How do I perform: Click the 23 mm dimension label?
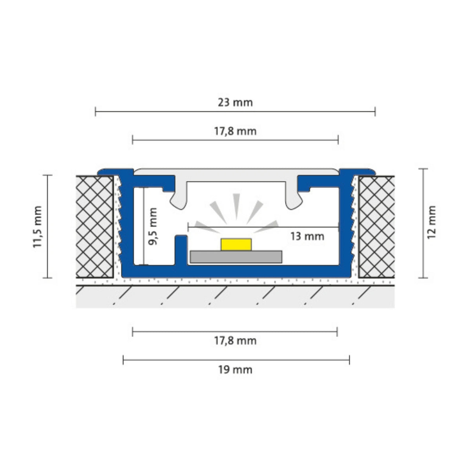235,103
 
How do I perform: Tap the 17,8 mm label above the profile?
235,131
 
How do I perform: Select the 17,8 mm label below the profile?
235,341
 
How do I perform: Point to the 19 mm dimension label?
235,370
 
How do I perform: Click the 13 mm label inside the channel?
307,236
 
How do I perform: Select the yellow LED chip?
236,244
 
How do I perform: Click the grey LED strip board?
236,257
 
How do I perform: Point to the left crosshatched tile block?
94,226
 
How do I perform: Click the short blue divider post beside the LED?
181,249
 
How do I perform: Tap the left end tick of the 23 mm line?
95,112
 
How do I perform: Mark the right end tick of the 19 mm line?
349,360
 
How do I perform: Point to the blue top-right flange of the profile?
357,172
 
